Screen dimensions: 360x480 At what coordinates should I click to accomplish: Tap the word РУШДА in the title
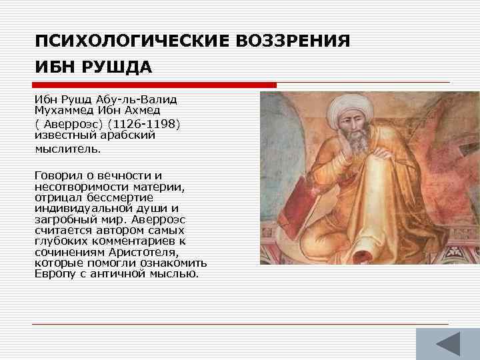click(117, 67)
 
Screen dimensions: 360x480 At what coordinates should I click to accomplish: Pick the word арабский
click(127, 135)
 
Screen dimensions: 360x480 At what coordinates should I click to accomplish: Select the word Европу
click(57, 274)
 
